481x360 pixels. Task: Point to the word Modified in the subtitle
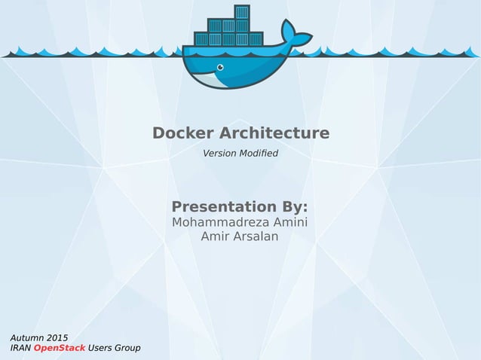tap(260, 154)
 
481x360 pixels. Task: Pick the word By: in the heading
tap(295, 206)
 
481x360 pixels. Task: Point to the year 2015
tap(57, 337)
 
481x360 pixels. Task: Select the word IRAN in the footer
tap(20, 348)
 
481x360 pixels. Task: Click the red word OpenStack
tap(60, 348)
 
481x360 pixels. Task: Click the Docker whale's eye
tap(220, 66)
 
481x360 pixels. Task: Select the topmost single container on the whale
tap(241, 12)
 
